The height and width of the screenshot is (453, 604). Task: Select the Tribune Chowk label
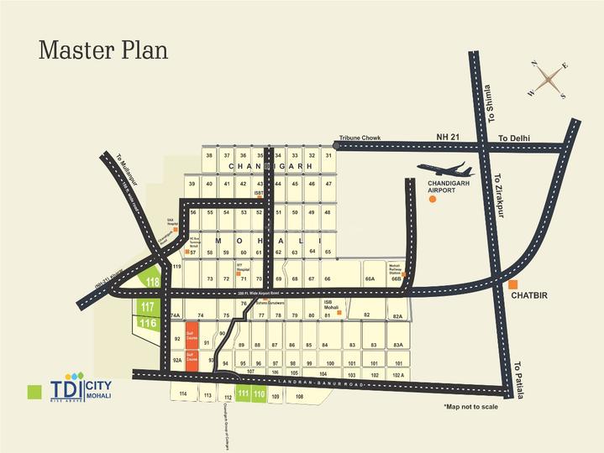coord(360,138)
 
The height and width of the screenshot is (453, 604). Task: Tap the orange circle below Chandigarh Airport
coord(433,204)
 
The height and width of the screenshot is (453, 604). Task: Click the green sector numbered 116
coord(148,323)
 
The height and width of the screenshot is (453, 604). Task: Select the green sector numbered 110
coord(260,393)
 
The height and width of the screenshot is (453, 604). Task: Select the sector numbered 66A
coord(369,279)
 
